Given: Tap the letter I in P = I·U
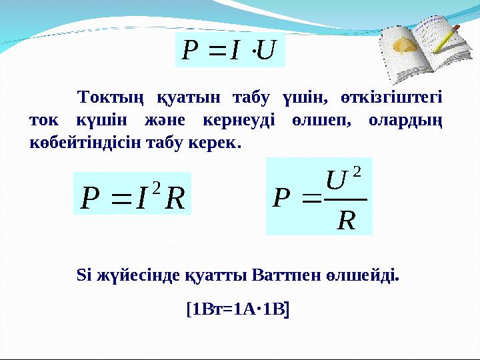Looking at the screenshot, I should coord(232,51).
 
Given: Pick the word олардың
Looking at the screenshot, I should coord(409,121).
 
